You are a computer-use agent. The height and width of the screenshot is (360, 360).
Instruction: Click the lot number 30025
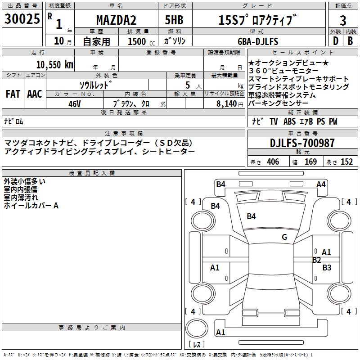coord(22,20)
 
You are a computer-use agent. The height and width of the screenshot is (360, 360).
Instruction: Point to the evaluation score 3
coord(343,20)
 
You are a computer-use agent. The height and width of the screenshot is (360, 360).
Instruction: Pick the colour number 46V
coord(75,103)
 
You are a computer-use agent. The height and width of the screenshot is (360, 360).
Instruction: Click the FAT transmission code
coord(13,94)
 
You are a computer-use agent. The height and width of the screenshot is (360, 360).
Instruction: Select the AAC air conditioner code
coord(35,94)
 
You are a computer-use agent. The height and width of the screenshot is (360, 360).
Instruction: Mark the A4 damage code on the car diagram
coord(321,184)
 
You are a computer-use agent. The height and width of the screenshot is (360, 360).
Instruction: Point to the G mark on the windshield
coord(284,237)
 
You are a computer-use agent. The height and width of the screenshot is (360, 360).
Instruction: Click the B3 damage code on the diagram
coord(327,268)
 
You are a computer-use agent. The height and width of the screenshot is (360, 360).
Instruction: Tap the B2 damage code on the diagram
coord(317,260)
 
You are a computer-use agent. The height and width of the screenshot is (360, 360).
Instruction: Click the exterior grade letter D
coord(335,41)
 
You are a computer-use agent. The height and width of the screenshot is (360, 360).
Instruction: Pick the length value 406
coord(273,162)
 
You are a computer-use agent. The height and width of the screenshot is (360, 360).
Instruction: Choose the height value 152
coord(346,162)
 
